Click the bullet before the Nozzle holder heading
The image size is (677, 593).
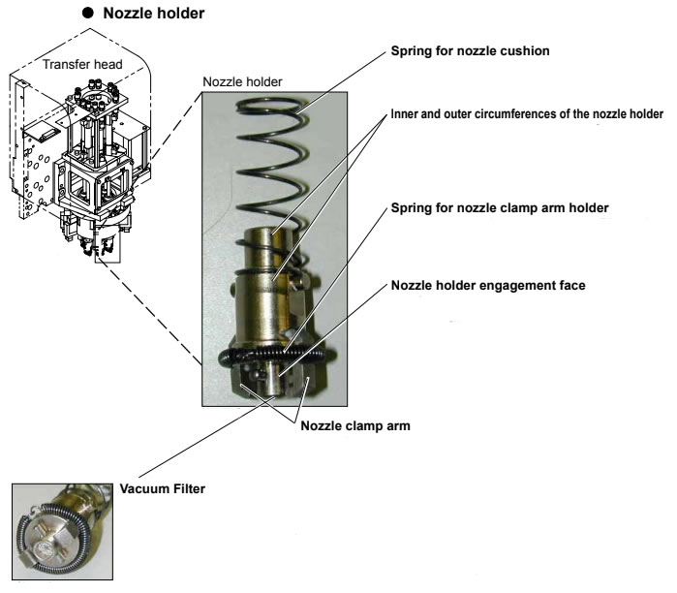coord(86,15)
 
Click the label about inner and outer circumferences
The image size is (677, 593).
coord(527,114)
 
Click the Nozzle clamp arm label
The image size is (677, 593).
coord(351,425)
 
